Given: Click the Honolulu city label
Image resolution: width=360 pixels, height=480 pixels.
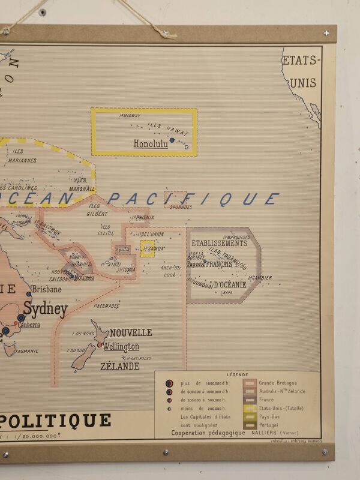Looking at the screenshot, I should click(x=151, y=144).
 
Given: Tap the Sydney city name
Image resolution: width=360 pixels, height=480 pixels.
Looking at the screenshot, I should click(x=45, y=310).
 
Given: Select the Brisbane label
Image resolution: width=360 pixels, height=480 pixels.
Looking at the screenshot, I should click(x=46, y=289).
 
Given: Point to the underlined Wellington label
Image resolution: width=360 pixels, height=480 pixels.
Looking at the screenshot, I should click(x=121, y=347).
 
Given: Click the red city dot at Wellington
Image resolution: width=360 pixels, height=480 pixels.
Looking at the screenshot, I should click(x=100, y=345).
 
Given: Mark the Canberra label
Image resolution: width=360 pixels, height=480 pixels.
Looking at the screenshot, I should click(x=29, y=325).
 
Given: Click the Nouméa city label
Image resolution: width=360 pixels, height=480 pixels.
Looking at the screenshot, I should click(x=84, y=277).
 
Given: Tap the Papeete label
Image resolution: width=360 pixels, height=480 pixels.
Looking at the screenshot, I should click(x=196, y=263).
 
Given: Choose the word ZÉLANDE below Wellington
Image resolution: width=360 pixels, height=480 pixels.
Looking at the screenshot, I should click(x=119, y=366).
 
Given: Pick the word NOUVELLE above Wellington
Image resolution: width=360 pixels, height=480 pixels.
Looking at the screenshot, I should click(x=130, y=332).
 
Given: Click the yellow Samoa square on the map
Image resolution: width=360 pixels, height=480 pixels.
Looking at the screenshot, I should click(x=147, y=248).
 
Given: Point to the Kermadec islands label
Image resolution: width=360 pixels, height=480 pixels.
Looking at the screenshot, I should click(x=107, y=306).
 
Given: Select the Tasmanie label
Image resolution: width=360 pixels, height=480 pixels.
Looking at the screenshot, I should click(x=26, y=352).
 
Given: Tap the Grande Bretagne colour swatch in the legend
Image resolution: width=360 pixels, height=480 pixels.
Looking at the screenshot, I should click(x=250, y=383).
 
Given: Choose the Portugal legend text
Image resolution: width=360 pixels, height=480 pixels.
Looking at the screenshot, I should click(x=269, y=425).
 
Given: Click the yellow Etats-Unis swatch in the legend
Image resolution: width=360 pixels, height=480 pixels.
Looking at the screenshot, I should click(x=250, y=408).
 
